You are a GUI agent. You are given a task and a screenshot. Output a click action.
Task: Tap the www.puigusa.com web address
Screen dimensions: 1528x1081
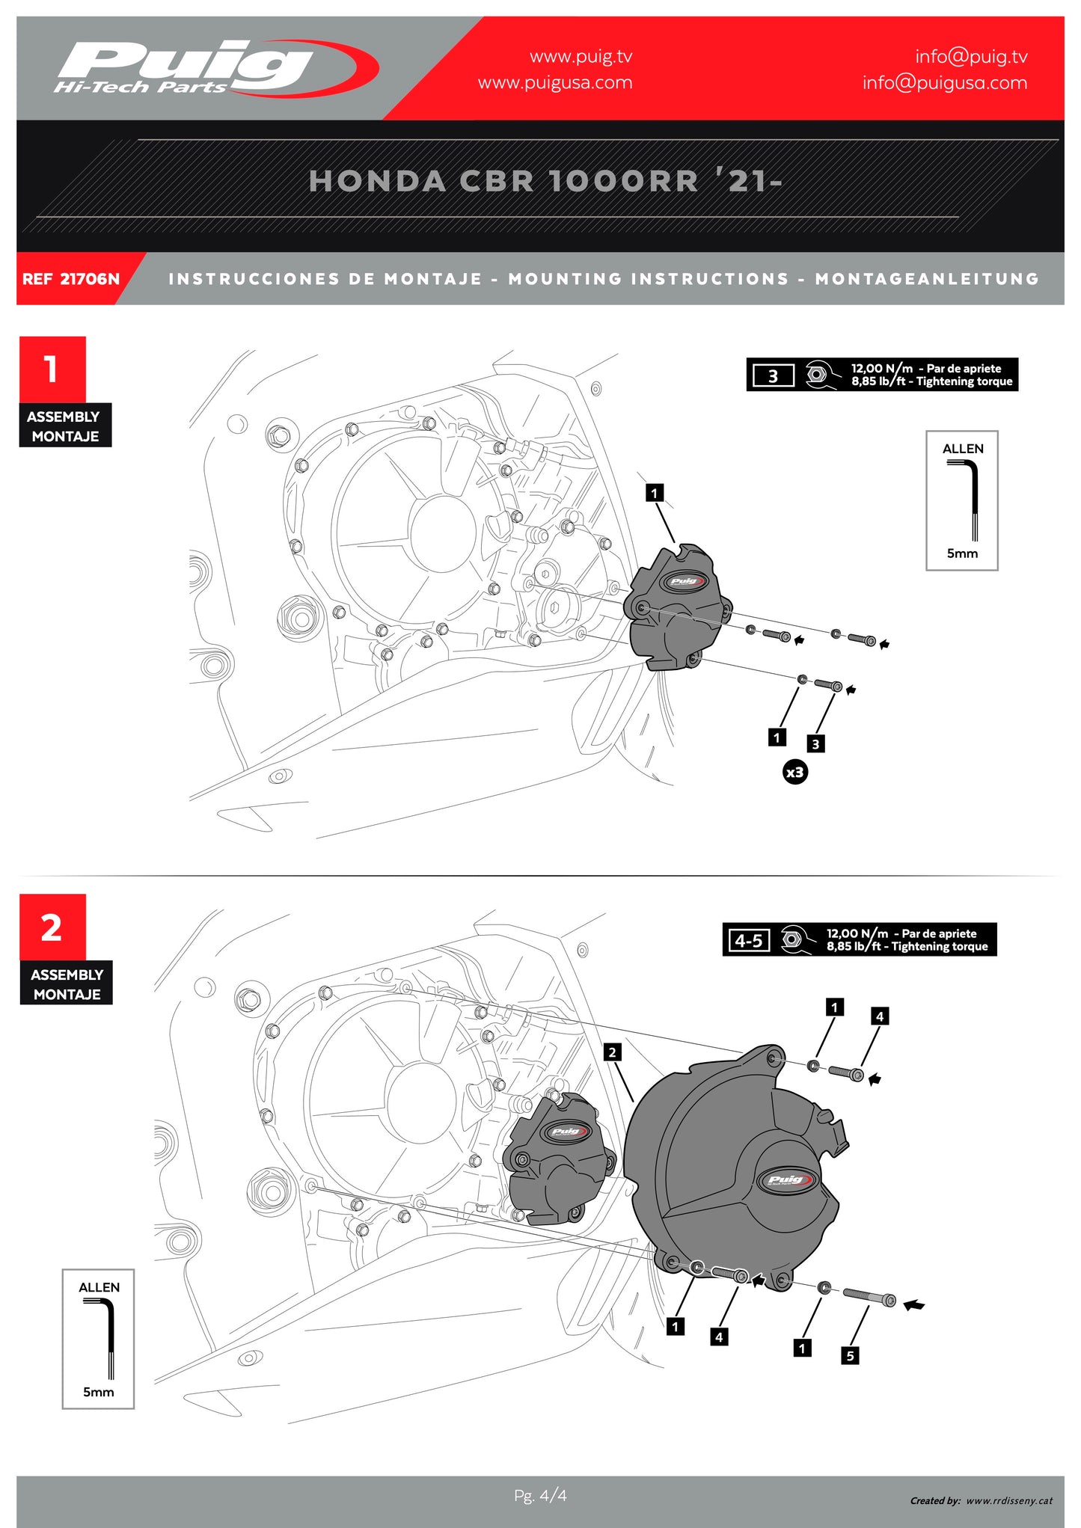tap(555, 82)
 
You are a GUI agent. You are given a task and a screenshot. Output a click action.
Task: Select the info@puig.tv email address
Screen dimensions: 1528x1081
tap(971, 56)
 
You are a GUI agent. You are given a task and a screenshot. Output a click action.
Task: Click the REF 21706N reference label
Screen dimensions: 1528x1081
tap(71, 279)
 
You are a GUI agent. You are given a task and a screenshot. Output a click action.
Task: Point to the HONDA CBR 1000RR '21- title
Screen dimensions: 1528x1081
tap(545, 181)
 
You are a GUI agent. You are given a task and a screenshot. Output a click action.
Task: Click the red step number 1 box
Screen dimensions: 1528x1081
tap(52, 369)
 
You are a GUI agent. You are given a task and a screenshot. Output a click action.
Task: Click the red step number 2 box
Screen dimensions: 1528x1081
tap(52, 927)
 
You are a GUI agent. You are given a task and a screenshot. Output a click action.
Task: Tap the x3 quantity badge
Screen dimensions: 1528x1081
tap(794, 772)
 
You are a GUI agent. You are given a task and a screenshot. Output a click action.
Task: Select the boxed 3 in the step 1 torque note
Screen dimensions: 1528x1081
tap(773, 375)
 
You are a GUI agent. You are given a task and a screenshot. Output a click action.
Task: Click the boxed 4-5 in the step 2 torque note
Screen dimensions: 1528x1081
tap(748, 940)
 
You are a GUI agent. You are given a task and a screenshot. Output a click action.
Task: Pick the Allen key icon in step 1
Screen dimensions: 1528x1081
tap(964, 500)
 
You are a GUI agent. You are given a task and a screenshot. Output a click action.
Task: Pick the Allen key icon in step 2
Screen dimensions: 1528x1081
tap(99, 1338)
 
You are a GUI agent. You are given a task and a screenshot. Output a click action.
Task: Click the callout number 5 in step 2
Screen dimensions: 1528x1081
tap(849, 1355)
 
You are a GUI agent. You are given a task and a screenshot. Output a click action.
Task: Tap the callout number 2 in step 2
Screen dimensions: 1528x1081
tap(612, 1052)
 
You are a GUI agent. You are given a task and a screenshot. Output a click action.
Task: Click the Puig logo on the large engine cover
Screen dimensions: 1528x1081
tap(787, 1180)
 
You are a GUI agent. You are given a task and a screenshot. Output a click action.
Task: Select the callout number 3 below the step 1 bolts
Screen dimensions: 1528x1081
tap(815, 743)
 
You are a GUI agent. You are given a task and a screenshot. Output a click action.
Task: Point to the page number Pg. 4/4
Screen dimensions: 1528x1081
tap(540, 1495)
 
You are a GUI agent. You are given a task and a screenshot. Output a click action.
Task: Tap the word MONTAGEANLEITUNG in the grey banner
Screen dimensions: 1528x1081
tap(927, 279)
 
